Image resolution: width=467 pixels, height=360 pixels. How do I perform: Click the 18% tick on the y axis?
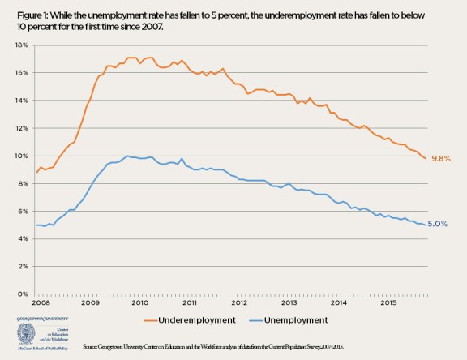pyautogui.click(x=21, y=45)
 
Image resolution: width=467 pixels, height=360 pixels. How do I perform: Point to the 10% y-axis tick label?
pyautogui.click(x=21, y=156)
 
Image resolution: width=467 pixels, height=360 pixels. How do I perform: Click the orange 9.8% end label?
pyautogui.click(x=442, y=158)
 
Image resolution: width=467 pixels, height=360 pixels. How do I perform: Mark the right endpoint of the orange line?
pyautogui.click(x=426, y=158)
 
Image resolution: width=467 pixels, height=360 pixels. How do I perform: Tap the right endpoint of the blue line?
pyautogui.click(x=426, y=225)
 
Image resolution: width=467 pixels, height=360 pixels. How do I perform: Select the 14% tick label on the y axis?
pyautogui.click(x=21, y=101)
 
